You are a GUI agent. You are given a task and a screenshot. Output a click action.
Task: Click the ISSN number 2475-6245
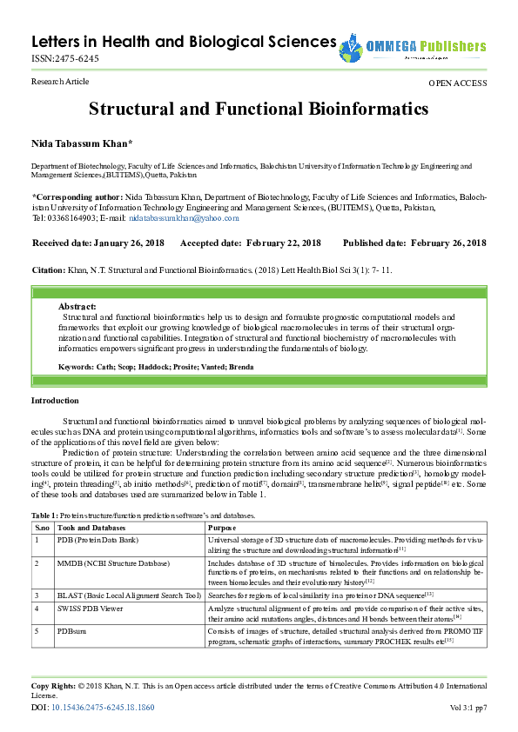65,59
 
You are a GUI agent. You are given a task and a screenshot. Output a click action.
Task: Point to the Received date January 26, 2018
98,243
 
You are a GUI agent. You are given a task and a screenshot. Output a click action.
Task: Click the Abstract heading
77,307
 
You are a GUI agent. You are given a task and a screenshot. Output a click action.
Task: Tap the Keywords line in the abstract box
156,367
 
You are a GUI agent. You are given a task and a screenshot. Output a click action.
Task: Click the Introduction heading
55,400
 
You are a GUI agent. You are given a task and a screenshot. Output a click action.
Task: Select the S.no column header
42,528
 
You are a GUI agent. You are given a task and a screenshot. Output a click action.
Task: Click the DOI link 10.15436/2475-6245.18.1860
104,708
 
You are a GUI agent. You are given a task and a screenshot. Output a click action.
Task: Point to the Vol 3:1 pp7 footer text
468,708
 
